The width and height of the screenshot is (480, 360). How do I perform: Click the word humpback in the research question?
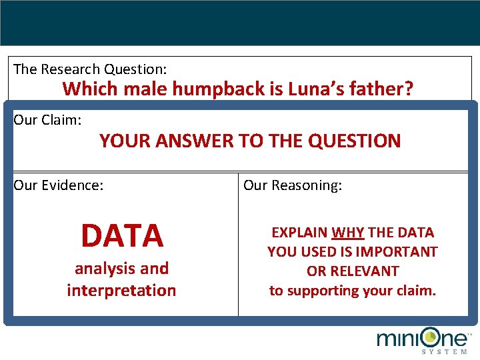coord(219,89)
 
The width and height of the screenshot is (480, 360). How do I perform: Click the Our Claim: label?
coord(47,120)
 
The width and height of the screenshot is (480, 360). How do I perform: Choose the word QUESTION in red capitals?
coord(354,141)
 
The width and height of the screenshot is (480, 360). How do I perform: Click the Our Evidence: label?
coord(59,185)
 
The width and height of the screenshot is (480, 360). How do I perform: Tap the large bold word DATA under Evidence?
coord(122,235)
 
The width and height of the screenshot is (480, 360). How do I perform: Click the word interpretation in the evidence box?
coord(121,291)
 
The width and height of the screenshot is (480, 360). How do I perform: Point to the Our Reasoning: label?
coord(293,185)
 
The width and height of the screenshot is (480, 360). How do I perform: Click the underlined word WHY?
coord(348,233)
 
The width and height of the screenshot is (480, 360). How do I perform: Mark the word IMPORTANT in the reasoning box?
coord(397,252)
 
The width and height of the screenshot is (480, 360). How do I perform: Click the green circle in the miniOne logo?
coord(431,337)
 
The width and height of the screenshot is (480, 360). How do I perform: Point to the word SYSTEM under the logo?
coord(445,352)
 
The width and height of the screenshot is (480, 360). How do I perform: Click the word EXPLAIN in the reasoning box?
coord(300,233)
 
